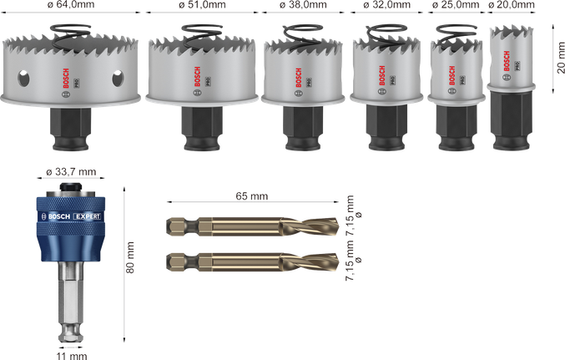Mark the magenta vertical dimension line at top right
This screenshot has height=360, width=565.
point(554,56)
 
